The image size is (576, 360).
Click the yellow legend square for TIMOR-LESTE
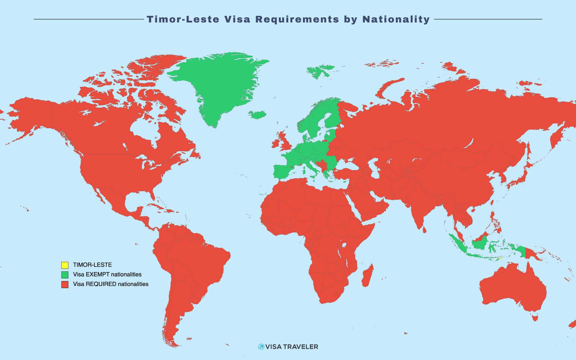tap(65, 265)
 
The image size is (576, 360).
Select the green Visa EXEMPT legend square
tap(65, 274)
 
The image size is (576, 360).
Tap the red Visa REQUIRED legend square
tap(65, 284)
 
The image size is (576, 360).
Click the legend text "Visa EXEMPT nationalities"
tap(107, 274)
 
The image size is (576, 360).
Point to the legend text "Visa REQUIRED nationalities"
tap(111, 284)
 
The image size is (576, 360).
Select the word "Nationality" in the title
tap(396, 19)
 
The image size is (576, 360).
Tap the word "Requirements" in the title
tap(297, 19)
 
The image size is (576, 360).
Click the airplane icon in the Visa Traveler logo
tap(261, 346)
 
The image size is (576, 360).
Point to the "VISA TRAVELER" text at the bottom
tap(291, 347)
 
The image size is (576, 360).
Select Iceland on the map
tap(258, 115)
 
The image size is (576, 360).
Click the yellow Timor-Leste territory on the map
tap(500, 259)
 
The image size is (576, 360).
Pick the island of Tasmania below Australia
tap(535, 318)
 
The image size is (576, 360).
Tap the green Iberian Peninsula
tap(284, 172)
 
